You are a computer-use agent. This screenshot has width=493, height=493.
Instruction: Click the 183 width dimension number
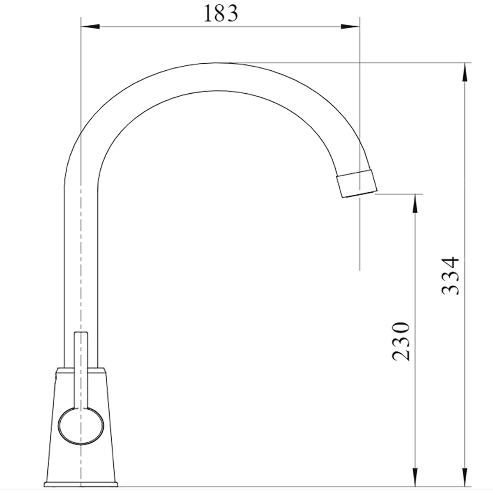tap(221, 13)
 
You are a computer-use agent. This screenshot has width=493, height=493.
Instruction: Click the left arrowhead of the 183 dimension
tap(90, 26)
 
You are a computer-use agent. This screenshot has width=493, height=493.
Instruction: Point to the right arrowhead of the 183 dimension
tap(350, 26)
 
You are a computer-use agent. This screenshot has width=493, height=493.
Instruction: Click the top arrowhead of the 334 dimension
tap(465, 72)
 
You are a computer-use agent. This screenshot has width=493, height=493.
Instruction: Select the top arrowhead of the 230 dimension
tap(415, 203)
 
